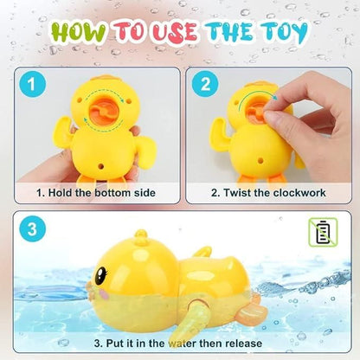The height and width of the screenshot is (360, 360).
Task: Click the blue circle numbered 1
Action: (x=32, y=84)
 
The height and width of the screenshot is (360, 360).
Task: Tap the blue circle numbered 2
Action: (x=205, y=84)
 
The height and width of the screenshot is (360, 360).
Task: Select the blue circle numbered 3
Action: (x=32, y=229)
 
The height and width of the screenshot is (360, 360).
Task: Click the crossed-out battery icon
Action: (x=323, y=232)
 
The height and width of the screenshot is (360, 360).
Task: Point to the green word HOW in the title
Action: (x=79, y=31)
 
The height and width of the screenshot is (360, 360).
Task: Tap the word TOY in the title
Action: (x=284, y=31)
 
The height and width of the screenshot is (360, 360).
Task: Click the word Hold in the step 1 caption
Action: (x=61, y=193)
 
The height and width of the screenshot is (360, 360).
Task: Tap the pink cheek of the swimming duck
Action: (x=102, y=293)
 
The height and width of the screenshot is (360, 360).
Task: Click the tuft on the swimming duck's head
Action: (x=141, y=237)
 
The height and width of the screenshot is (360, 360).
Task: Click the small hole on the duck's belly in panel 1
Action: (x=101, y=166)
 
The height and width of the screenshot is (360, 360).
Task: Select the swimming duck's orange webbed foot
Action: (x=251, y=312)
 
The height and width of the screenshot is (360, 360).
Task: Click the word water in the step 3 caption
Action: (x=182, y=344)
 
